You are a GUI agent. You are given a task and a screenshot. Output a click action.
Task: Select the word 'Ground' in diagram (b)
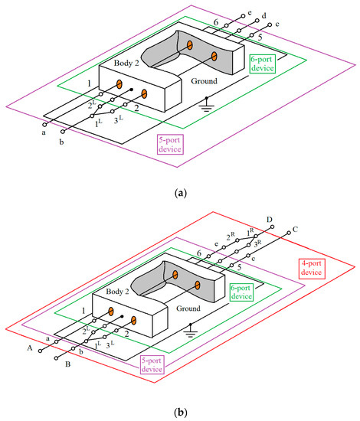pos(194,310)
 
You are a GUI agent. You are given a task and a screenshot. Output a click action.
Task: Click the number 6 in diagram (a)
pos(195,23)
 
